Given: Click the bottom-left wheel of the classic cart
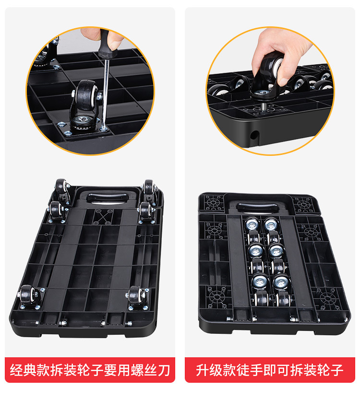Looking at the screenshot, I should [28, 297].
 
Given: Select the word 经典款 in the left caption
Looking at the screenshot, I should [31, 370].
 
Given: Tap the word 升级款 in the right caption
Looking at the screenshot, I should [212, 370].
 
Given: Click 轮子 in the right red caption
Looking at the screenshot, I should [331, 370].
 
